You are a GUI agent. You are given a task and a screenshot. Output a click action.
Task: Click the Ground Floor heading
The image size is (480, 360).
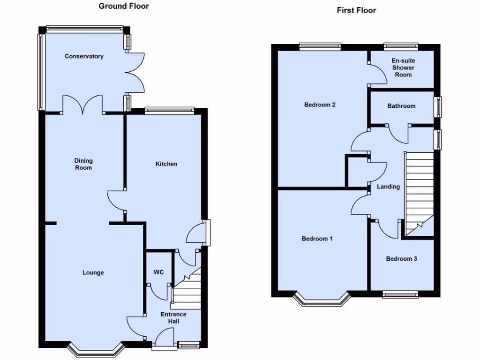click(124, 6)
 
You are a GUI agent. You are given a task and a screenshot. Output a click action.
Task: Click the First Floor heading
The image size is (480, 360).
click(356, 10)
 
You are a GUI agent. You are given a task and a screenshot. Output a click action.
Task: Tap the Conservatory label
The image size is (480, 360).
click(84, 56)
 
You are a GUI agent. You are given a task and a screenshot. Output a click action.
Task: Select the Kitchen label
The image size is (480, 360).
click(166, 164)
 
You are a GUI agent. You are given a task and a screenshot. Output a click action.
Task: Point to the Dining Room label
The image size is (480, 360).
click(83, 164)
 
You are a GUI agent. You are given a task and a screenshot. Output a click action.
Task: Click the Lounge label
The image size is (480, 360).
click(93, 272)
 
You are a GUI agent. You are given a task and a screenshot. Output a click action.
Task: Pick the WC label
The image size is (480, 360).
click(158, 272)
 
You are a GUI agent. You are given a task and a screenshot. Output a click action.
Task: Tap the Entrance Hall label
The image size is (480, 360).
click(173, 317)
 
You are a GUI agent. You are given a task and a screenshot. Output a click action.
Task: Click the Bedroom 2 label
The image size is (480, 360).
click(320, 105)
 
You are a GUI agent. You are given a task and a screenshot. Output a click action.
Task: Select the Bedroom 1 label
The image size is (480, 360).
click(317, 239)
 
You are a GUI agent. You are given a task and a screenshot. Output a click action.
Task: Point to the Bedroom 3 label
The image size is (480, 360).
click(401, 258)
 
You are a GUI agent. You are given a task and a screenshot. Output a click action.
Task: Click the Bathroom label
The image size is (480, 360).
click(401, 106)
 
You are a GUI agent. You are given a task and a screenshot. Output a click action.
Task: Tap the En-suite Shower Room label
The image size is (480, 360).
click(403, 67)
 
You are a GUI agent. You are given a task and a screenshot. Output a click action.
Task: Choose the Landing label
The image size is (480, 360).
click(388, 187)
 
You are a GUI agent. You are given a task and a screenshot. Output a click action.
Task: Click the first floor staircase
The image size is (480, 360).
click(419, 192)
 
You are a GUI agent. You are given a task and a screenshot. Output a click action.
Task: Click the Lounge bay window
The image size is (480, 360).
click(95, 349)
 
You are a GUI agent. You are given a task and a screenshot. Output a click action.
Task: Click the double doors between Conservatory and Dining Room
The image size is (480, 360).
click(82, 105)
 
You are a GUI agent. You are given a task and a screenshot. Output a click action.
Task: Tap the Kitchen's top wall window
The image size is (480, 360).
click(169, 111)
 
